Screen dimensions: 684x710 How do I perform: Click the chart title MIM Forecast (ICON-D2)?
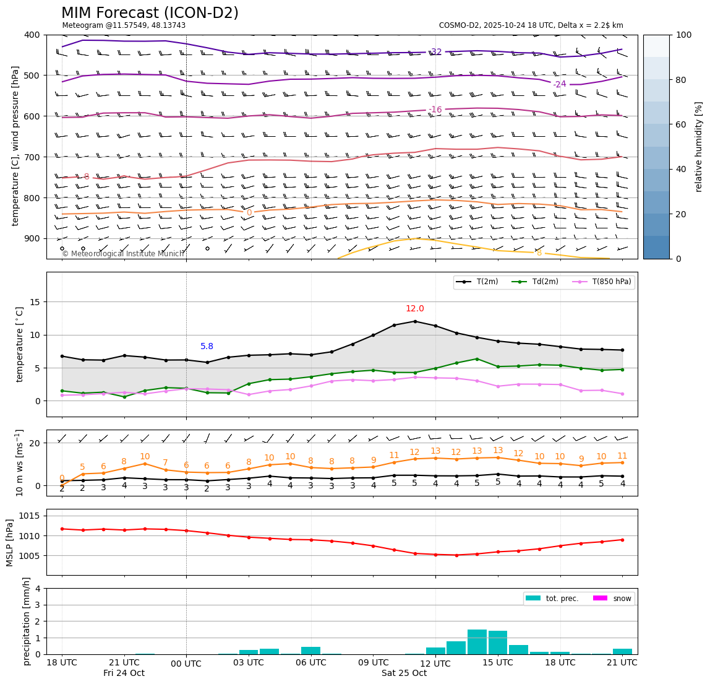pos(150,13)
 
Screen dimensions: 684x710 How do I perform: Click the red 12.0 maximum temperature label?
pos(415,309)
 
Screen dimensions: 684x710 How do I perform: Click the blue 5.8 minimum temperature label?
pos(207,347)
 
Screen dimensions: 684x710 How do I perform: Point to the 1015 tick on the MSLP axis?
pos(34,516)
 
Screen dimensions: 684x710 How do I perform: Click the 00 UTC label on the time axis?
pos(186,663)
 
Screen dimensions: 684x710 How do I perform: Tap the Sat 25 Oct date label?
pos(404,673)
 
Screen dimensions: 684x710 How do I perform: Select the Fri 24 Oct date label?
pos(124,673)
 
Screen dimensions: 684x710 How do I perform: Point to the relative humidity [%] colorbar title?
pos(699,147)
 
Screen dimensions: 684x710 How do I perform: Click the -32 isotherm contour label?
pos(435,52)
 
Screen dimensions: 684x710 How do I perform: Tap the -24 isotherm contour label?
pos(559,84)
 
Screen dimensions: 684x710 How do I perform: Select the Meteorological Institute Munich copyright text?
pos(123,254)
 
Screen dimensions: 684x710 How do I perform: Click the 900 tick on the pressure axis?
pos(32,238)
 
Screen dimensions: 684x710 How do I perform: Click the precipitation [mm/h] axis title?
pos(27,621)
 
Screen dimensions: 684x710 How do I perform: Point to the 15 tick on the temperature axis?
pos(36,302)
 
